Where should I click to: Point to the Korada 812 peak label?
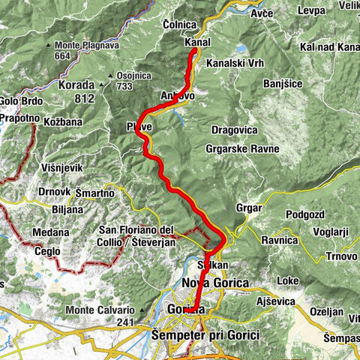click(76, 91)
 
